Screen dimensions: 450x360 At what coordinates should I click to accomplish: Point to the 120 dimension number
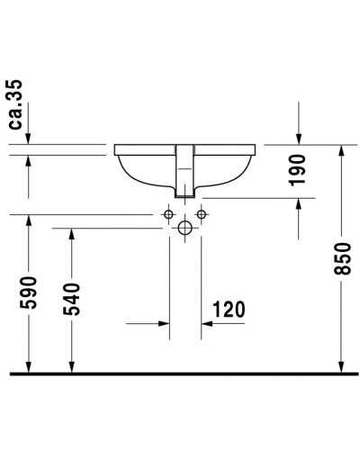click(229, 310)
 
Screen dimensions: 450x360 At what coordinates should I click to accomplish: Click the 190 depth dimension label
click(298, 169)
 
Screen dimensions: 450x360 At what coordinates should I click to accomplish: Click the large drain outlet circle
click(184, 228)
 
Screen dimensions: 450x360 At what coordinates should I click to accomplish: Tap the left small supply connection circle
click(167, 214)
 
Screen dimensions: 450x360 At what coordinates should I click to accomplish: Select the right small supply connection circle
click(201, 214)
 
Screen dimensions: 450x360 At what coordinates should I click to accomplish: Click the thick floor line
click(180, 372)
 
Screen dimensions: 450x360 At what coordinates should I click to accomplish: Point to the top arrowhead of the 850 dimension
click(341, 150)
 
